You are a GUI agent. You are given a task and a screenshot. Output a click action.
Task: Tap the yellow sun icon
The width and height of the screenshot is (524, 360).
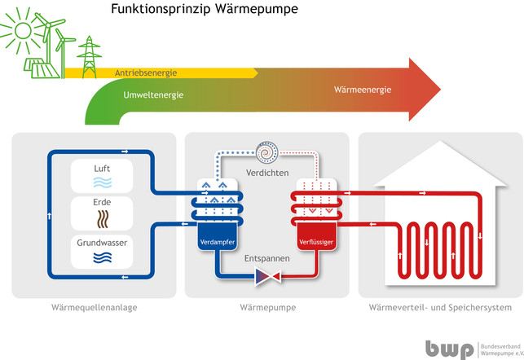click(x=18, y=31)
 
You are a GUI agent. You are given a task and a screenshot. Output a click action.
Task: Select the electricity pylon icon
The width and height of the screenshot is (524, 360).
click(x=87, y=55)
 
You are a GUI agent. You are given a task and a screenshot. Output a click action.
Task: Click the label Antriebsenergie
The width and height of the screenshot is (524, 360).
click(x=147, y=72)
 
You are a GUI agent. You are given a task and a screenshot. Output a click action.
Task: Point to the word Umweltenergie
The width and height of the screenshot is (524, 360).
click(x=152, y=95)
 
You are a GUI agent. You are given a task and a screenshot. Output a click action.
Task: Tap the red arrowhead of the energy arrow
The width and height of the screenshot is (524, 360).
click(x=423, y=89)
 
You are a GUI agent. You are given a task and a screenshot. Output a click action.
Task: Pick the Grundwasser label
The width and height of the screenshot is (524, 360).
click(x=102, y=243)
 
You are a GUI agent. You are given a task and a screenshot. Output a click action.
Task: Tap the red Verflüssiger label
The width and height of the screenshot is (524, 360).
click(x=315, y=242)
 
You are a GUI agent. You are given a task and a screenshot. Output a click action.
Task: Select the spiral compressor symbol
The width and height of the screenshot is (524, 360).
click(x=266, y=152)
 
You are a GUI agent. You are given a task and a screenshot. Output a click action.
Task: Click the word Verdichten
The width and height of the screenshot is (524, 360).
click(x=266, y=173)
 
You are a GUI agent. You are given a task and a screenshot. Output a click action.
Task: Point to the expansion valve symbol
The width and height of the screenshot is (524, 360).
click(x=266, y=279)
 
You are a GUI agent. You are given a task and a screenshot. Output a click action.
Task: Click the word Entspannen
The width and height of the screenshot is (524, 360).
click(x=266, y=258)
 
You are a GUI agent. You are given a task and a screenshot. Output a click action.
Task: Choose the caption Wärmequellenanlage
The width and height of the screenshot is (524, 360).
click(x=93, y=308)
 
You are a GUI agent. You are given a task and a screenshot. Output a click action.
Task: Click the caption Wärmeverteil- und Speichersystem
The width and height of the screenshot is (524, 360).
click(x=440, y=308)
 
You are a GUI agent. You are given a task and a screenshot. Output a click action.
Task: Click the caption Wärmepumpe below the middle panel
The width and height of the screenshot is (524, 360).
click(x=267, y=308)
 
